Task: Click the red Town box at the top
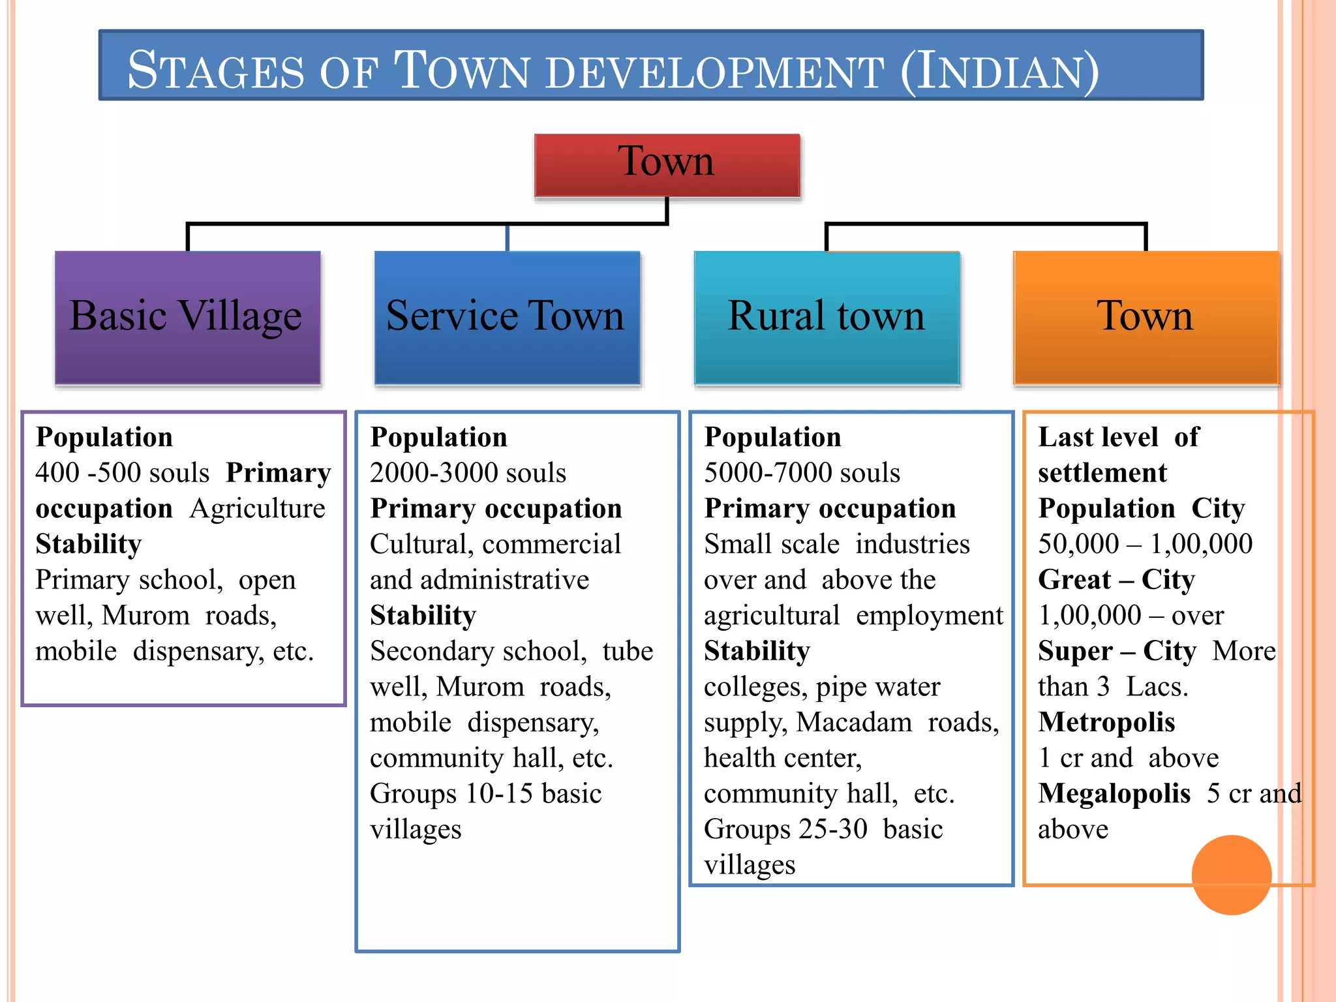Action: pyautogui.click(x=667, y=164)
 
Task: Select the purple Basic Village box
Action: pyautogui.click(x=187, y=318)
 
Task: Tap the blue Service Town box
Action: pyautogui.click(x=507, y=318)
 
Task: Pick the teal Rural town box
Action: pyautogui.click(x=827, y=318)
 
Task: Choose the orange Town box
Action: pyautogui.click(x=1146, y=318)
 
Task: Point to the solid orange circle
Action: pyautogui.click(x=1231, y=875)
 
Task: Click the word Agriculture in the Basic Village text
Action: pyautogui.click(x=258, y=509)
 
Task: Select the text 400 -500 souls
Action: pyautogui.click(x=123, y=473)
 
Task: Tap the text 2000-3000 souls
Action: pyautogui.click(x=468, y=473)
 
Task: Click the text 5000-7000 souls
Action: pyautogui.click(x=802, y=473)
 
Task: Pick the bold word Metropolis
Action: pyautogui.click(x=1106, y=723)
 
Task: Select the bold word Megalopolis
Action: pyautogui.click(x=1114, y=794)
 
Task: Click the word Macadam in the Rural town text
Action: pyautogui.click(x=854, y=723)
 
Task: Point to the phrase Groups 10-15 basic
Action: pyautogui.click(x=485, y=794)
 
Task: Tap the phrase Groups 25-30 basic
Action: pyautogui.click(x=823, y=830)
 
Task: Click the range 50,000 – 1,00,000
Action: pyautogui.click(x=1145, y=544)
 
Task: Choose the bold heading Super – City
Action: pyautogui.click(x=1117, y=651)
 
